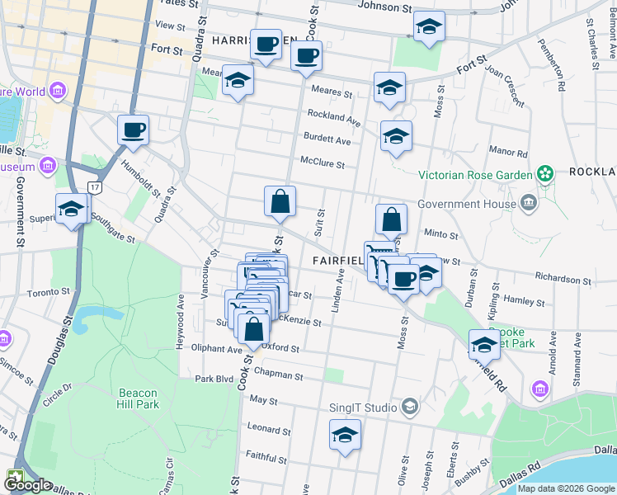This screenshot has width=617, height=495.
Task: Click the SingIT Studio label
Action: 365,407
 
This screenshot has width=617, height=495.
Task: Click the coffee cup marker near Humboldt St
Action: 133,130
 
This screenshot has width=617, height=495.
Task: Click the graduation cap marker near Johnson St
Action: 428,28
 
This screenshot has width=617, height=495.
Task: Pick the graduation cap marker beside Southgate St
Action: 72,210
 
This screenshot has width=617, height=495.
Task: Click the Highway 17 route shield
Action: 97,189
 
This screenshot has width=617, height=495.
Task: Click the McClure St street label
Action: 323,163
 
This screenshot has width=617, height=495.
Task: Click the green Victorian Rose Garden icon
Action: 544,174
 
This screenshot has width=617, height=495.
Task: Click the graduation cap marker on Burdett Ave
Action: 396,137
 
